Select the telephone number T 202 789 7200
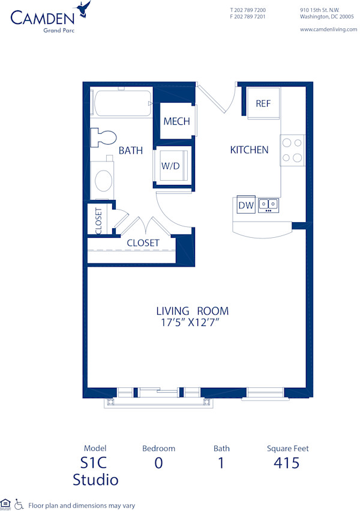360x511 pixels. tap(248, 10)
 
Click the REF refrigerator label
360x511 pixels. tap(263, 104)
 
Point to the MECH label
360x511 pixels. tap(176, 121)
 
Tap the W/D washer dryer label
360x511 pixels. tap(170, 166)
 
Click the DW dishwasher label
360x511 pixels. tap(246, 205)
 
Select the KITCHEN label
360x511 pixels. tap(249, 150)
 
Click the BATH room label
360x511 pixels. tap(130, 151)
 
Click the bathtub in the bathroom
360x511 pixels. tap(122, 103)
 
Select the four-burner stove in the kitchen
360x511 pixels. tap(292, 150)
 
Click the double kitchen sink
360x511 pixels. tap(268, 204)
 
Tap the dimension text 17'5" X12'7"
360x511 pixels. tap(192, 323)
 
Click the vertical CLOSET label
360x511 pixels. tap(98, 220)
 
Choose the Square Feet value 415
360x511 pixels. tap(287, 463)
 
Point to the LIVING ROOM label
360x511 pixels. tap(192, 311)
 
